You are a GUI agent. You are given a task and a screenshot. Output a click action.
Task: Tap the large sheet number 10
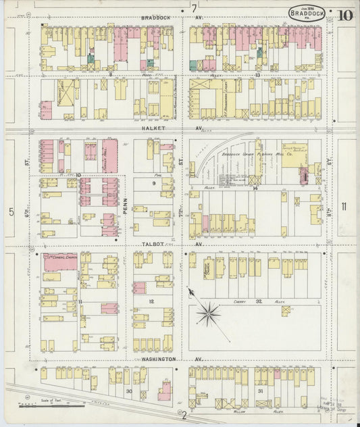pos(346,14)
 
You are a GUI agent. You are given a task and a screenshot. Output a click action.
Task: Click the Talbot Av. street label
pos(151,245)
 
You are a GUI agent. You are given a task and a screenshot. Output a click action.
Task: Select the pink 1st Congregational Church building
pos(60,262)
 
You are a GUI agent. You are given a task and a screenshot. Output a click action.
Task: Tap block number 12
pos(151,301)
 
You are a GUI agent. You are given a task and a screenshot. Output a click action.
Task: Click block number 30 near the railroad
pos(128,391)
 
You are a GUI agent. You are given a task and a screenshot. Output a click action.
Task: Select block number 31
pos(260,391)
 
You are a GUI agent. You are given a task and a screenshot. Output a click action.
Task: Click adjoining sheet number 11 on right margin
pos(344,207)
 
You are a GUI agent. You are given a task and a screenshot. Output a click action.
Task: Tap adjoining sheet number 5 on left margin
pos(11,212)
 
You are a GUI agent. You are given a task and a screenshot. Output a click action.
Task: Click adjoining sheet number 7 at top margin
pos(194,8)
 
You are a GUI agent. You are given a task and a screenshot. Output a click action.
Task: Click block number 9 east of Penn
pos(153,183)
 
